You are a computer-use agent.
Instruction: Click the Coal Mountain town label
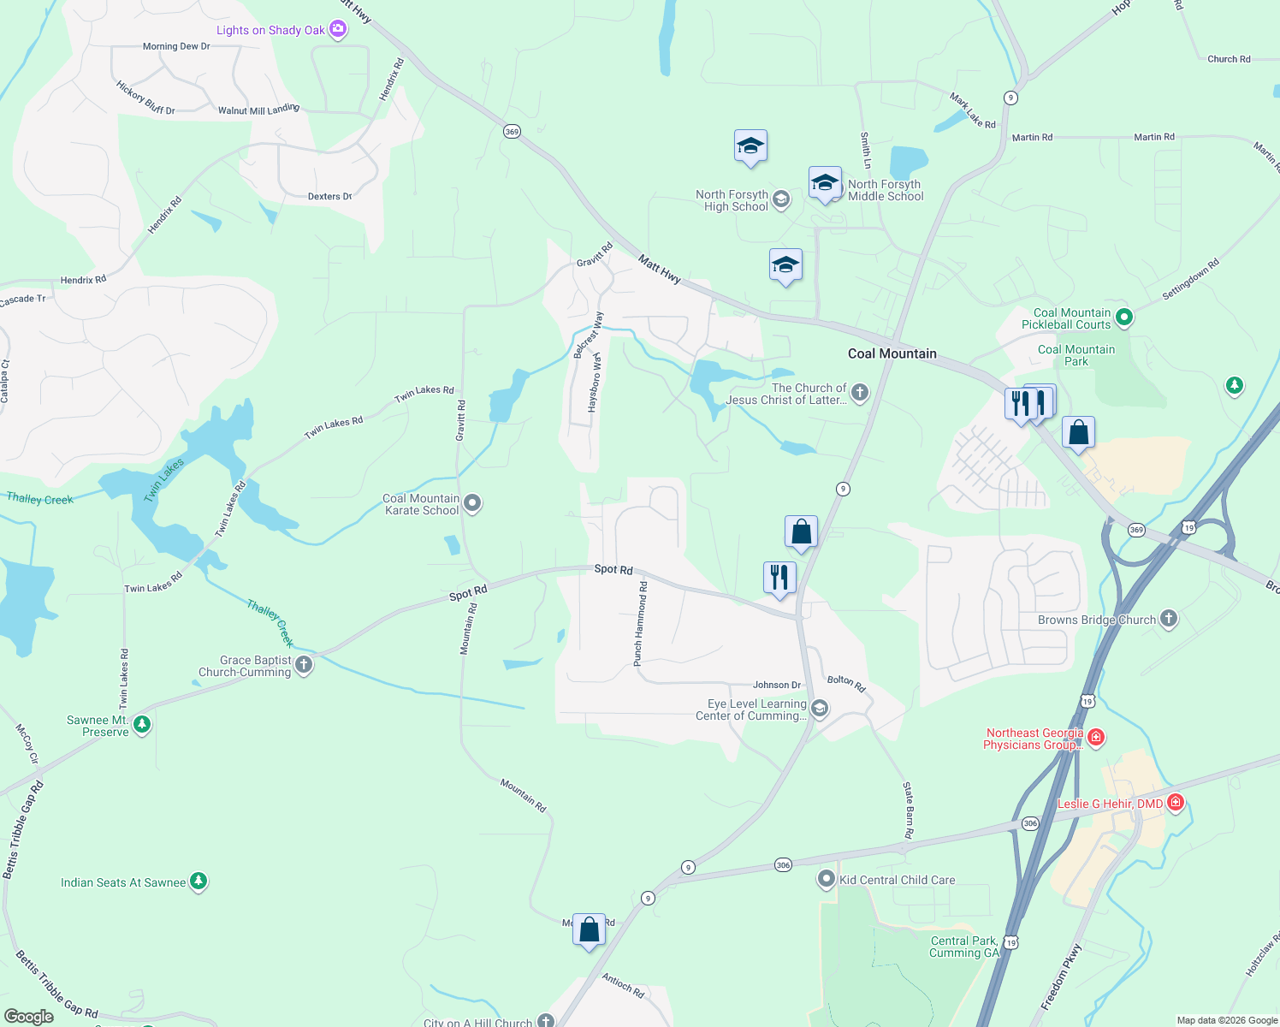point(892,353)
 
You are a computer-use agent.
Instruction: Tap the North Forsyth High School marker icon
point(780,200)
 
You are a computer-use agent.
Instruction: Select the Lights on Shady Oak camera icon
point(338,30)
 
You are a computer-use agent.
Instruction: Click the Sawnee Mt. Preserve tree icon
point(142,726)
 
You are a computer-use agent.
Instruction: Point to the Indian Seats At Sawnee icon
point(199,882)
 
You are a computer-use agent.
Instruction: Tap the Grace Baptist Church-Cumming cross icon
point(304,665)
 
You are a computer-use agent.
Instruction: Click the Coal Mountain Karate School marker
point(472,503)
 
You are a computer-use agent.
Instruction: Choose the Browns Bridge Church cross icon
point(1169,619)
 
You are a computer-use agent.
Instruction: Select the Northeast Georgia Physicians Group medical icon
point(1096,737)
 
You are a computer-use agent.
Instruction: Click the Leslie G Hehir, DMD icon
point(1176,803)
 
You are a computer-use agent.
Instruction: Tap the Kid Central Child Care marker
point(826,879)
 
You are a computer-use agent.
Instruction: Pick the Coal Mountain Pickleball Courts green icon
point(1124,318)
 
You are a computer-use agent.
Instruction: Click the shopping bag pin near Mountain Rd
point(589,929)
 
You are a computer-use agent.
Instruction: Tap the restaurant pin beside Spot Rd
point(779,578)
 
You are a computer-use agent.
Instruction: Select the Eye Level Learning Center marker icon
point(819,709)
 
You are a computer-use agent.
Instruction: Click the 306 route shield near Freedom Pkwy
point(1030,823)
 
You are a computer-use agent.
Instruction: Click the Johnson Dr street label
point(777,685)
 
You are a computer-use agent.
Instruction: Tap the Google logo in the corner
point(28,1017)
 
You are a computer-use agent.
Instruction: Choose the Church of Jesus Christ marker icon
point(860,393)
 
